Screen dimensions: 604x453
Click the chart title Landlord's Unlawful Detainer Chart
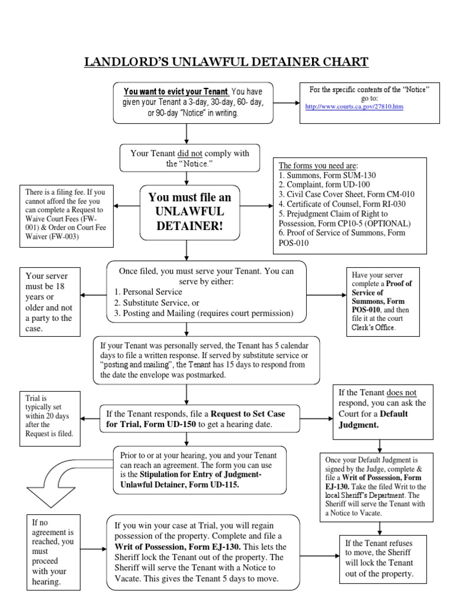pyautogui.click(x=226, y=62)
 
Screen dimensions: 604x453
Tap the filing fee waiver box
pyautogui.click(x=63, y=215)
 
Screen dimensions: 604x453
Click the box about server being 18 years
pyautogui.click(x=50, y=301)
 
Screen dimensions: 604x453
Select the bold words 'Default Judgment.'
pyautogui.click(x=373, y=419)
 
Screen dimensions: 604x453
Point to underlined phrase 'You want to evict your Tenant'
pyautogui.click(x=176, y=92)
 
